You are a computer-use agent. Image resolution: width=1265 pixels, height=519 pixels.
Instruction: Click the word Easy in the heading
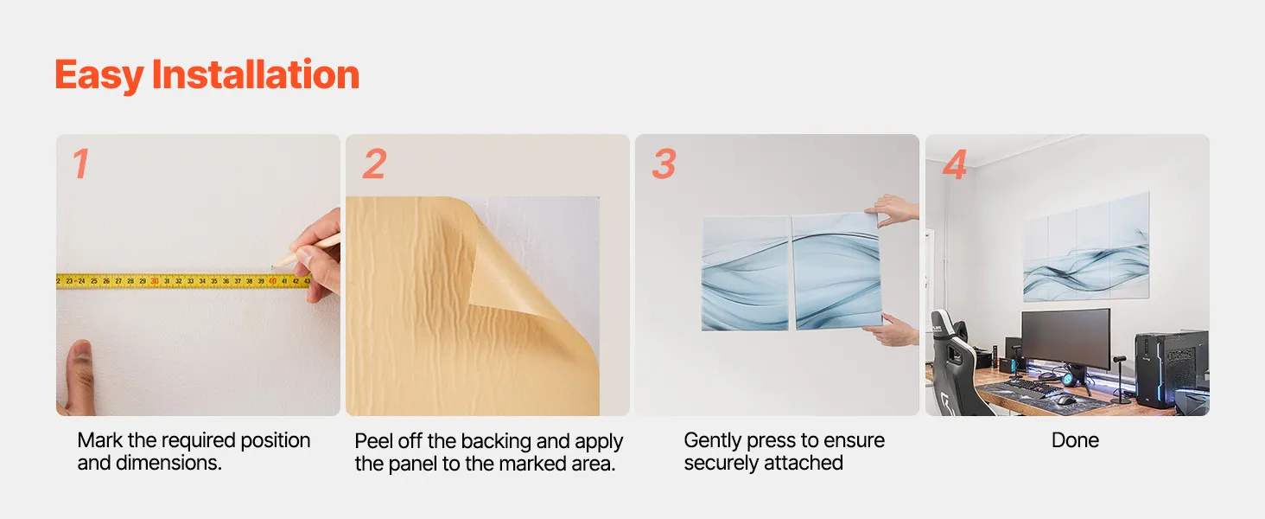99,76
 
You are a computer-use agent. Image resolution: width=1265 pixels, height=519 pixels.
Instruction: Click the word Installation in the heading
256,74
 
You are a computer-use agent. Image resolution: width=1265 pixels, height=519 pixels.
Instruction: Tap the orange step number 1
80,164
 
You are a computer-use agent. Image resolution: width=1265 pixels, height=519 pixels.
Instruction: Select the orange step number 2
374,164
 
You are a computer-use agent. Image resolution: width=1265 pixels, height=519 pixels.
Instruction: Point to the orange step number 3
664,164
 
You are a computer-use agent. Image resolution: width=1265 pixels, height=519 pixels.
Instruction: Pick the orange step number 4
955,165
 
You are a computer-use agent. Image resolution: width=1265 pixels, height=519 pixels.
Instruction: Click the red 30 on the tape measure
154,281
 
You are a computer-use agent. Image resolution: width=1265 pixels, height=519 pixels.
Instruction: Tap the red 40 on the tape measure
272,281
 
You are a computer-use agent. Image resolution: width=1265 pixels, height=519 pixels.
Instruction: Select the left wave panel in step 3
744,273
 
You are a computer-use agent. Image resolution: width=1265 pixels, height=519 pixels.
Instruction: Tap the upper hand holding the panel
894,209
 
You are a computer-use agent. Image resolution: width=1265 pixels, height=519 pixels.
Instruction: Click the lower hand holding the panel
893,330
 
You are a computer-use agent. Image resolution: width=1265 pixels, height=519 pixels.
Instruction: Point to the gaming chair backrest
954,362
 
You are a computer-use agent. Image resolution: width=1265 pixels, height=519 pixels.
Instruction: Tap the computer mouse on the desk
1065,400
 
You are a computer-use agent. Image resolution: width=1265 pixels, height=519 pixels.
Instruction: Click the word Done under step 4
1075,440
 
